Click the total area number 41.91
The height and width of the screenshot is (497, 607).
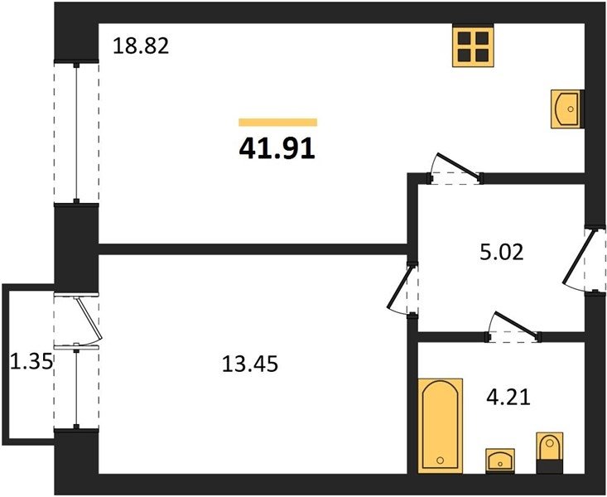click(x=277, y=149)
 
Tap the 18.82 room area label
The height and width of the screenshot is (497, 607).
click(x=141, y=46)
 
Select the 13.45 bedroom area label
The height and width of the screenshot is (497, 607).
click(x=250, y=364)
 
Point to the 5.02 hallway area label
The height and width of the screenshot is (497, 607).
click(x=501, y=252)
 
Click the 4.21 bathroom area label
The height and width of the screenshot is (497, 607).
click(x=508, y=397)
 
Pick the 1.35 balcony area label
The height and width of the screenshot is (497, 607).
click(x=31, y=362)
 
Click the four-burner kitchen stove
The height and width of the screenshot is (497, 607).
click(x=473, y=46)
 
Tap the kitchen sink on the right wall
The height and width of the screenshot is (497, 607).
click(x=567, y=109)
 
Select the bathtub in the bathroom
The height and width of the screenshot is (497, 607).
click(x=441, y=426)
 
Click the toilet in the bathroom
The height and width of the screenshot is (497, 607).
click(x=549, y=453)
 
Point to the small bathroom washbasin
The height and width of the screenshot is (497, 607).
click(x=500, y=461)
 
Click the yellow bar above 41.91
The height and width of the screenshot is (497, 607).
click(x=278, y=123)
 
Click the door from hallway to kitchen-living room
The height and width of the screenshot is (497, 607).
click(x=457, y=167)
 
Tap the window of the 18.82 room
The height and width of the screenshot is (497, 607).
click(x=76, y=132)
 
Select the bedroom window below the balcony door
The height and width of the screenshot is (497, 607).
click(x=76, y=388)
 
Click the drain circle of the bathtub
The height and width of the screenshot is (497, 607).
click(x=441, y=461)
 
